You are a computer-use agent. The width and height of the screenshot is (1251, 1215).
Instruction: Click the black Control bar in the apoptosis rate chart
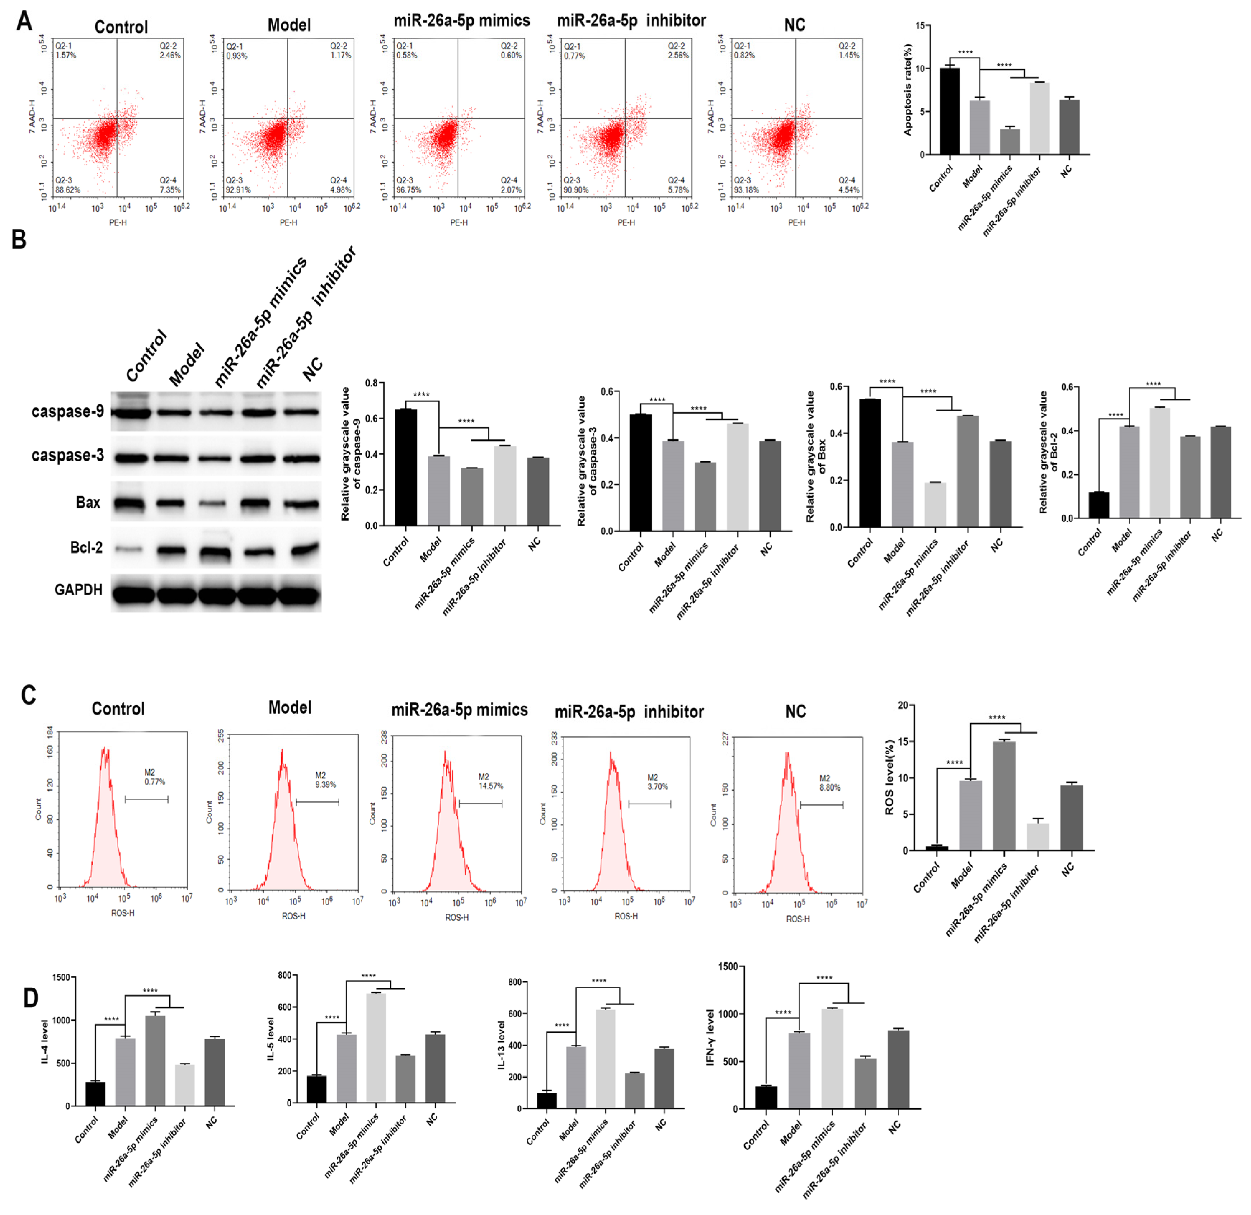pos(950,111)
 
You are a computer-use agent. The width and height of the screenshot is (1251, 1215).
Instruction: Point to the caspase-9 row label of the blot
pos(68,411)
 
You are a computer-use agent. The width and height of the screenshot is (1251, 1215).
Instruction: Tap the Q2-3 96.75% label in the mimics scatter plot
pos(409,185)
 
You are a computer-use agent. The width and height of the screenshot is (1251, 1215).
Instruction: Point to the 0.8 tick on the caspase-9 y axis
pos(371,383)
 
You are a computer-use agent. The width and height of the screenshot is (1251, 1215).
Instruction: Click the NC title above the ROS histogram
pos(795,711)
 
